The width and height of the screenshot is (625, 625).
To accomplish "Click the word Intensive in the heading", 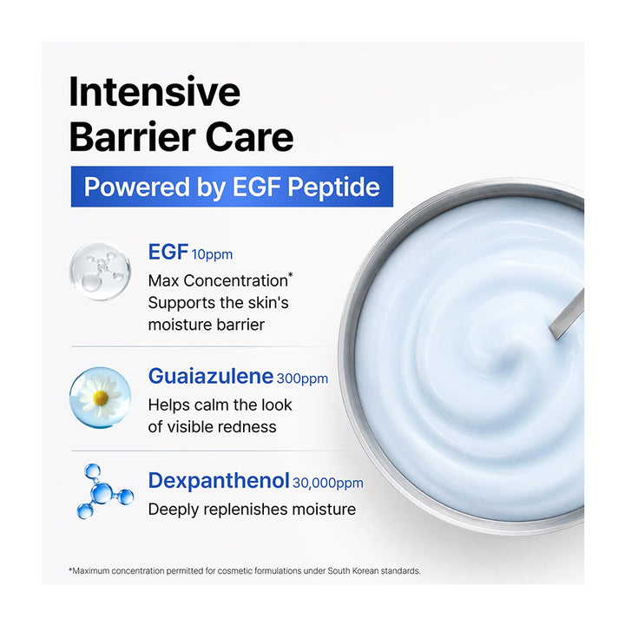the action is click(x=155, y=92).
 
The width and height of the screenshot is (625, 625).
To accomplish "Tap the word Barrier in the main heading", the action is click(x=133, y=137).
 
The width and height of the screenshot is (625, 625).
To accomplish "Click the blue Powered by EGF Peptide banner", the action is click(x=232, y=187).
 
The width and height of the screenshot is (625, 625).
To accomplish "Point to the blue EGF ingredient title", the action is click(x=168, y=252).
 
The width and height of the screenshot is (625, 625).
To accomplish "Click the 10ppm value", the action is click(x=212, y=254).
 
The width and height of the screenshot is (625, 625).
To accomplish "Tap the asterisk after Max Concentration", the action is click(x=290, y=275).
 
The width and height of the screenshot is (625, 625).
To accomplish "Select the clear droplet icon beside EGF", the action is click(x=100, y=271).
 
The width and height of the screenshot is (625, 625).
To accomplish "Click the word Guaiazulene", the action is click(x=211, y=376).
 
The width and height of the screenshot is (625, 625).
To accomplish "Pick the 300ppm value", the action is click(x=302, y=378).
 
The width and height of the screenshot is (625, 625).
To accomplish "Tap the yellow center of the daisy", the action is click(x=100, y=398).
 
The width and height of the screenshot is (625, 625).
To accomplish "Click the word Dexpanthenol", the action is click(x=219, y=481).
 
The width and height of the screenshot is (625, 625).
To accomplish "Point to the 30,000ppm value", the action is click(x=327, y=484).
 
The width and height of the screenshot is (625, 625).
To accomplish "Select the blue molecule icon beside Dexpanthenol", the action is click(x=104, y=491).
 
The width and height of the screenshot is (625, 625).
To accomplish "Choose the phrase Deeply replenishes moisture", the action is click(x=252, y=510).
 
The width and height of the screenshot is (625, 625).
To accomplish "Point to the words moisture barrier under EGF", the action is click(x=206, y=325).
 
